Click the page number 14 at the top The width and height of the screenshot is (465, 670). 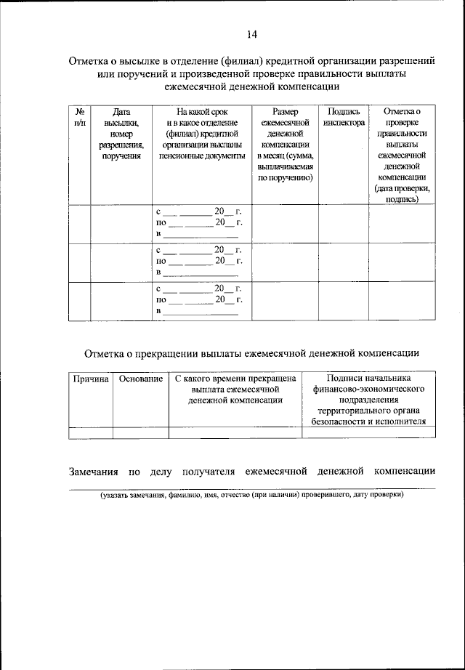coord(252,34)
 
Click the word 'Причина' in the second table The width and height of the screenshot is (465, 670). coord(90,379)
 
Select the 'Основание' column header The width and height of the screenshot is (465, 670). coord(140,379)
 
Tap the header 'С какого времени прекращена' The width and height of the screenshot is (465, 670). coord(235,390)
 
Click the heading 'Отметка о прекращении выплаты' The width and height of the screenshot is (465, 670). coord(251,354)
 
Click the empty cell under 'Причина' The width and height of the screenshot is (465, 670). coord(90,433)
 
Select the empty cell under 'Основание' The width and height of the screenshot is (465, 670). coord(140,433)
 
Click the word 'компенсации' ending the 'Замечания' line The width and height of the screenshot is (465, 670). coord(404,472)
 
